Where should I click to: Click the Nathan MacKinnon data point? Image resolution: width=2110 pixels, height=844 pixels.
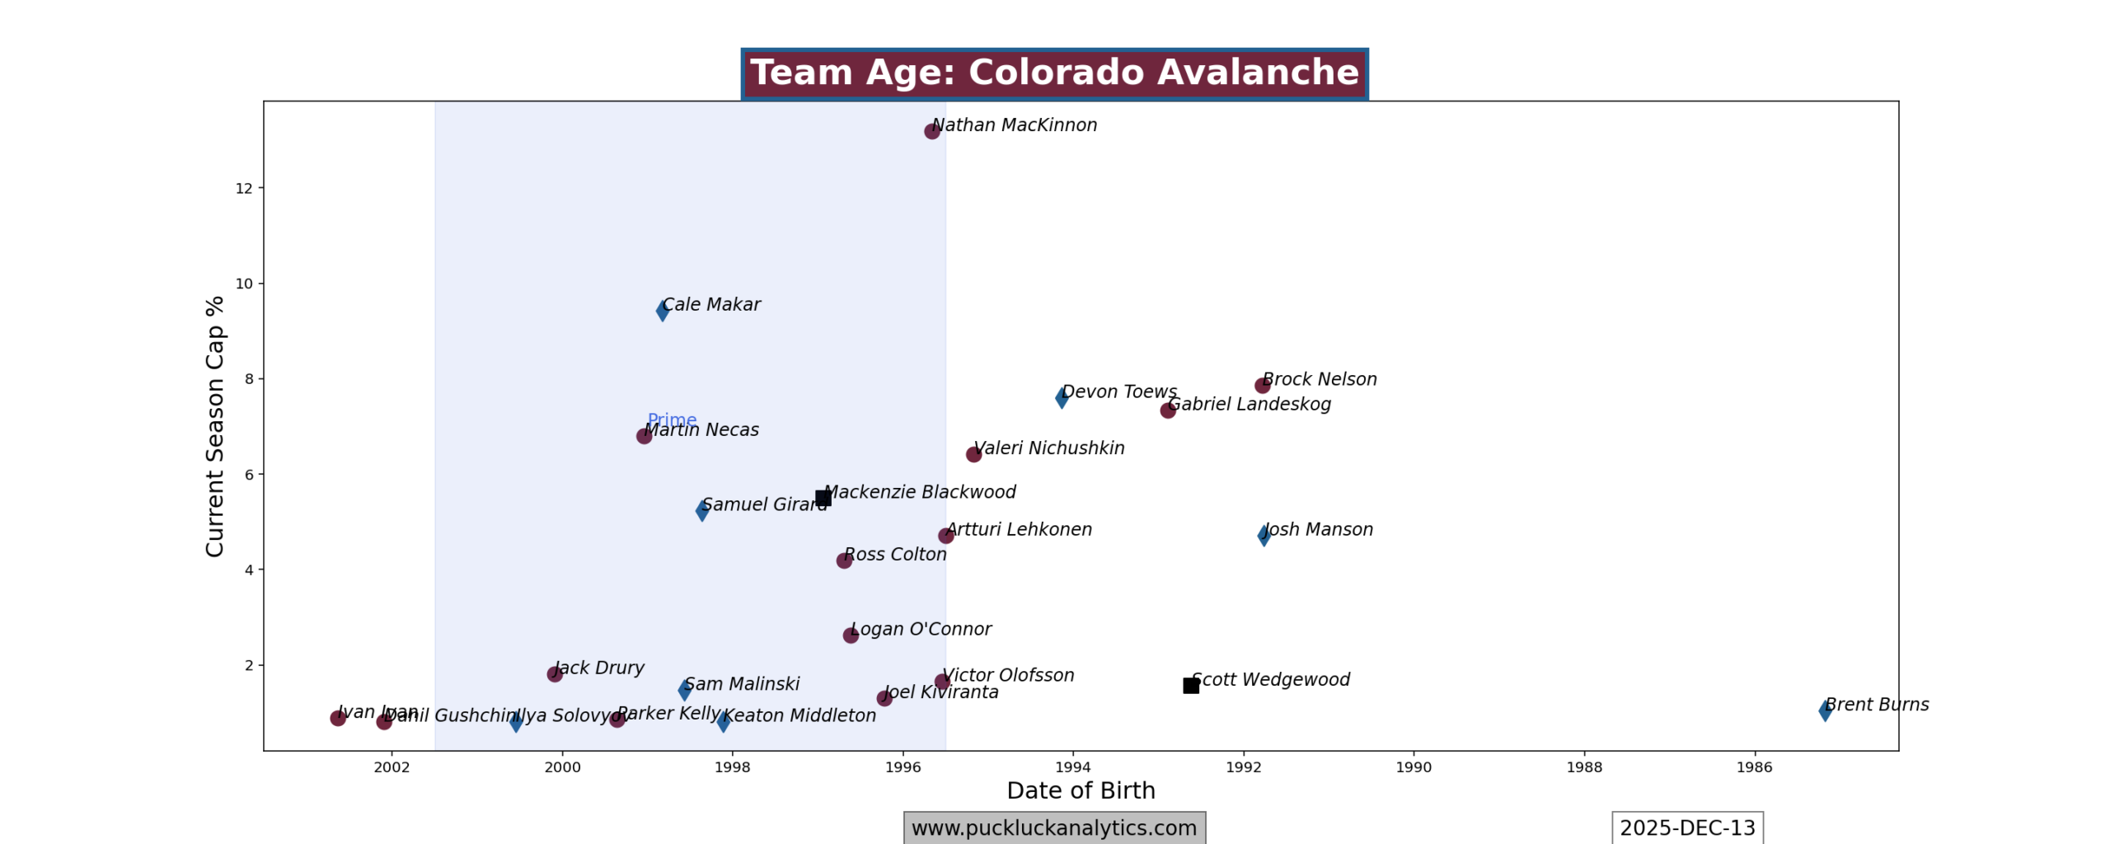[931, 131]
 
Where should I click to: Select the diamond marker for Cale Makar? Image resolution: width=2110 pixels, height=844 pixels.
[662, 311]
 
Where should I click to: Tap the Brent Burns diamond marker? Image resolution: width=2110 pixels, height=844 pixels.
[1825, 710]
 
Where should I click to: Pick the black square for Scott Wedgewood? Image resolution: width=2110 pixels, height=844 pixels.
[1190, 686]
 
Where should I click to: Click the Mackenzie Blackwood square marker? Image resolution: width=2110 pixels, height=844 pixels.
[823, 498]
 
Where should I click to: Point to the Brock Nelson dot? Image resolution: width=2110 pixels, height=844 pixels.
[1262, 386]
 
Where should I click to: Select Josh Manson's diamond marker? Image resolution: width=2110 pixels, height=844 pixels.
[1264, 536]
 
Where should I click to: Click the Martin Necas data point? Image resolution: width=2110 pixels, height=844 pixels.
[644, 436]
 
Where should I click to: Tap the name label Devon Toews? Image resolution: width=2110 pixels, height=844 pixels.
[1118, 392]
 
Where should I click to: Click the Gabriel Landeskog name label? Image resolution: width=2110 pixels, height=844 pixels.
[1249, 405]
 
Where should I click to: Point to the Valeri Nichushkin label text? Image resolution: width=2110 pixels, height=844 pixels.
[1048, 448]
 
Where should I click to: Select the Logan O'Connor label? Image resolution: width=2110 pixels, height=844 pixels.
[921, 630]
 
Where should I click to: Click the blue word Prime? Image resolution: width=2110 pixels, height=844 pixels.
[672, 420]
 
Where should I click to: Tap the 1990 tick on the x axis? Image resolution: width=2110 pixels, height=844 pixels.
[1414, 767]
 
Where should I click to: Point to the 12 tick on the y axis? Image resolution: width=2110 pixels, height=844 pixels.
[244, 189]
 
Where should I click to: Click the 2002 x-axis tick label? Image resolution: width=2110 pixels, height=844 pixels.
[392, 767]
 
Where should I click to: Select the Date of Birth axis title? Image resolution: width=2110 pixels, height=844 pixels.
[1081, 791]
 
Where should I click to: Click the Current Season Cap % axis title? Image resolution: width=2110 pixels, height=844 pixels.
[215, 426]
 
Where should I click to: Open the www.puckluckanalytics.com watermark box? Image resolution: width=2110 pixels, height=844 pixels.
[1054, 828]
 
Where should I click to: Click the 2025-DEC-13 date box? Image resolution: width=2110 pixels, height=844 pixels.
[1687, 828]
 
